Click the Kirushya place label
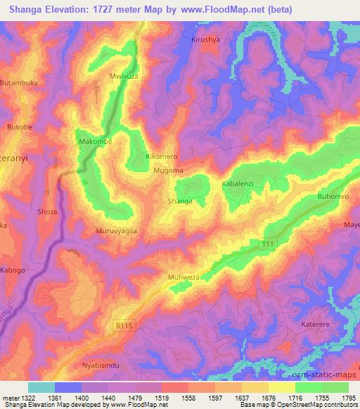coord(206,40)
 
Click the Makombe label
coord(95,141)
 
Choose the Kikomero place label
coord(161,156)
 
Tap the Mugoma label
coord(168,170)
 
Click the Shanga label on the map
coord(179,201)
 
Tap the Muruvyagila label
coord(115,231)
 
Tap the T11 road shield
coord(266,243)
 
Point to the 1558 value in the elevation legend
coord(189,398)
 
